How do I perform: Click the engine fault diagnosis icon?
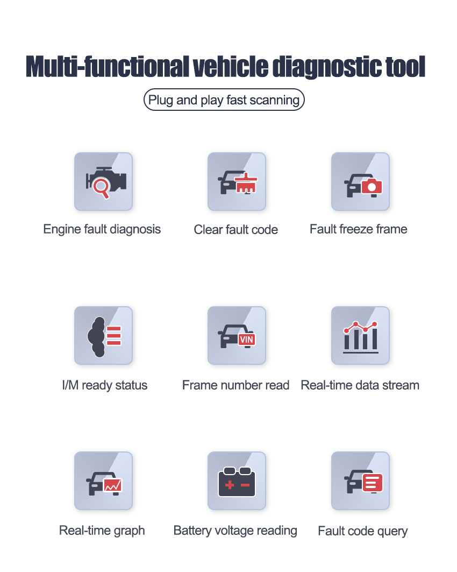103,181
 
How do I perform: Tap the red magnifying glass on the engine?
101,188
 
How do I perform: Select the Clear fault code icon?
237,181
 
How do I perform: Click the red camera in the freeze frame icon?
371,186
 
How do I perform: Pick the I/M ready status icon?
103,335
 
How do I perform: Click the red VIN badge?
246,340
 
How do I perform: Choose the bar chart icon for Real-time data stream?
360,335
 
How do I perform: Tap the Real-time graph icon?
103,481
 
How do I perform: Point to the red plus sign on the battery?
230,485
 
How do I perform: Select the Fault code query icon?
360,481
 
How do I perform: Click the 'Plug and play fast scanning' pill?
224,100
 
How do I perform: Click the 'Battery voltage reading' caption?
235,531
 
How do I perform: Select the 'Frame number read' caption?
235,385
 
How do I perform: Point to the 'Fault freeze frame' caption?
359,229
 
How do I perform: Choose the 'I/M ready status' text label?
104,385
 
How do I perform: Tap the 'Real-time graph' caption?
102,531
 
